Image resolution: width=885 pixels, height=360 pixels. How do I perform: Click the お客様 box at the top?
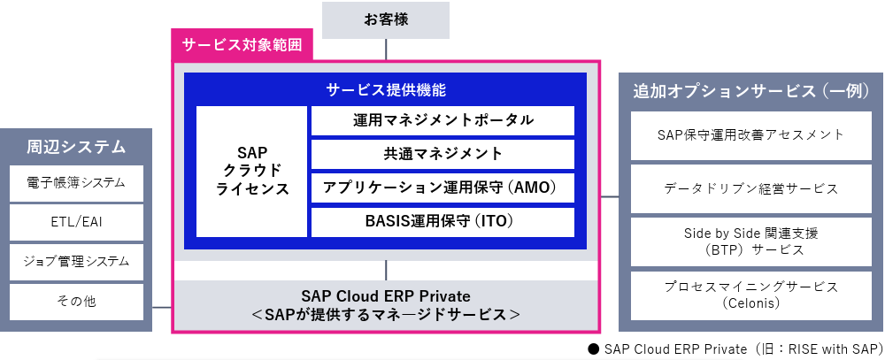click(x=386, y=20)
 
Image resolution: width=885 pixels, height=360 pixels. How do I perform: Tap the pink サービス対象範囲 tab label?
click(x=242, y=46)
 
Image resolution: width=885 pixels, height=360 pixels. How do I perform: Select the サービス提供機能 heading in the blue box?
click(x=387, y=89)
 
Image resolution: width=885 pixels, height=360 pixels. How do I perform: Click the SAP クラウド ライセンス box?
click(x=251, y=171)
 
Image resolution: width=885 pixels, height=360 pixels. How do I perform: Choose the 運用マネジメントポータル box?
click(x=443, y=120)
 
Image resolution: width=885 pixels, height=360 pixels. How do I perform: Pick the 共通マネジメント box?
click(x=443, y=154)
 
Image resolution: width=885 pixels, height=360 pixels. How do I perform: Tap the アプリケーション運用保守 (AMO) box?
click(x=443, y=188)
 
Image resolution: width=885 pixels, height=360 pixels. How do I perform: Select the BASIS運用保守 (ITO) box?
click(x=443, y=222)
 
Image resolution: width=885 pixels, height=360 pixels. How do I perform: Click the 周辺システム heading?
click(x=76, y=147)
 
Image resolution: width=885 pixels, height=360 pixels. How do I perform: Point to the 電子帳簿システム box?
click(x=76, y=183)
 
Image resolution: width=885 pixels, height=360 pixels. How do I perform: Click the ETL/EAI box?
click(x=76, y=222)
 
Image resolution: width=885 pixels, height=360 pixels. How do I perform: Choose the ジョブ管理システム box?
click(x=76, y=262)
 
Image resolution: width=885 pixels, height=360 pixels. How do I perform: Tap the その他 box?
click(x=76, y=302)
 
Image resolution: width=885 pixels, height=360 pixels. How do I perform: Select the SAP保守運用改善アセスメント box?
click(x=751, y=135)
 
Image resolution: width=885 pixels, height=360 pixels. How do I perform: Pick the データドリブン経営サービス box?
click(x=751, y=188)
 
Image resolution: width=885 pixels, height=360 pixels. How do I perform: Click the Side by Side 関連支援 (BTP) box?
click(x=751, y=241)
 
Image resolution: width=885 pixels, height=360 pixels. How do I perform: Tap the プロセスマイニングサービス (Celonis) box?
click(x=751, y=295)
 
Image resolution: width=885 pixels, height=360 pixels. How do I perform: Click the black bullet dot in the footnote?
click(x=593, y=349)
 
